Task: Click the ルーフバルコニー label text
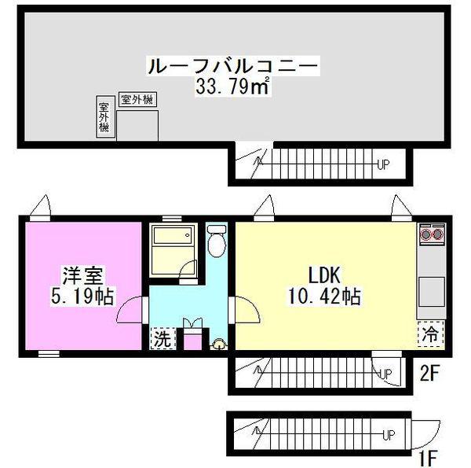233,65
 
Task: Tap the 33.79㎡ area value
232,87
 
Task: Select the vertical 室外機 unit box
105,116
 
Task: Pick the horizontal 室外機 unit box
138,99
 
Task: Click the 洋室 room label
82,275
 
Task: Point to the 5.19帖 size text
82,297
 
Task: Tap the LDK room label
324,275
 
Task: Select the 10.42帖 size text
325,296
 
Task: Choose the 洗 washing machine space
162,338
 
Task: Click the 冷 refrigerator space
430,333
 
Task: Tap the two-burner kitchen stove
432,234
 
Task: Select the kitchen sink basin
432,292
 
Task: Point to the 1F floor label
428,458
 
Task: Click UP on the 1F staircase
389,435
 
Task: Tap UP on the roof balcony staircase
383,164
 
